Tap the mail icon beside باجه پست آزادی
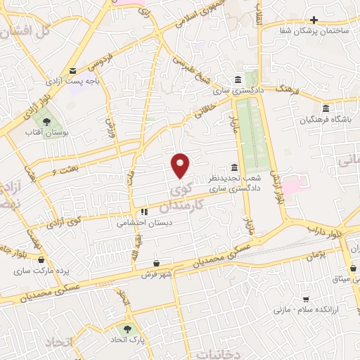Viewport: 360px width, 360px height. [73, 70]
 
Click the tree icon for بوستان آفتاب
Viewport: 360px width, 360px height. [46, 122]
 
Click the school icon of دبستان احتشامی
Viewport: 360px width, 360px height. [144, 211]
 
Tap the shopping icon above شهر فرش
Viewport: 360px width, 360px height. [155, 262]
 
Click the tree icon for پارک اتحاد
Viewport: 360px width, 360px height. [127, 328]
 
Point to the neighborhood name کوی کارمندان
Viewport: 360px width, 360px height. [186, 199]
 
